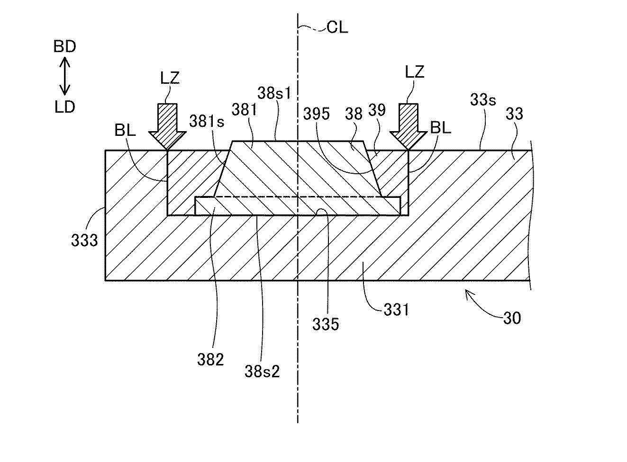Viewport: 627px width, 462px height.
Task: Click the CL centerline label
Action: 337,28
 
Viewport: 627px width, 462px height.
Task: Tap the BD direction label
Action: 64,46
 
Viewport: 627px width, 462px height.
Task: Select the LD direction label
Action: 64,107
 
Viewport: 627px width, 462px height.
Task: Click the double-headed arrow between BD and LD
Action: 64,76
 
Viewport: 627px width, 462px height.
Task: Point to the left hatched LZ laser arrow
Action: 167,127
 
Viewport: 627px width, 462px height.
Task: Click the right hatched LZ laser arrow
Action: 409,127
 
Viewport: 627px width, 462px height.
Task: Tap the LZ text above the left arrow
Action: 170,78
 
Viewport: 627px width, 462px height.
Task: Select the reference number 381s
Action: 207,121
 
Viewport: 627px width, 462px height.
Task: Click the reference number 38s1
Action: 274,93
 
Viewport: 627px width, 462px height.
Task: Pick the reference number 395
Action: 317,114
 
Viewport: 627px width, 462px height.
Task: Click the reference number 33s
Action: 483,99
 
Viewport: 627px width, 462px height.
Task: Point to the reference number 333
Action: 84,240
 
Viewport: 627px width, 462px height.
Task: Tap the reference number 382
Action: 210,360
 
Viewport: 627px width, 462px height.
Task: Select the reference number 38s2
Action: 262,372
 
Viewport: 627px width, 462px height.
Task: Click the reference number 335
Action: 326,324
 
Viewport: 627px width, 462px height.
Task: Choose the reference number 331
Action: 396,310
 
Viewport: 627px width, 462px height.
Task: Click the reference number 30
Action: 512,318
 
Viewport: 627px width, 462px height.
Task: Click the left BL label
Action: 125,130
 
